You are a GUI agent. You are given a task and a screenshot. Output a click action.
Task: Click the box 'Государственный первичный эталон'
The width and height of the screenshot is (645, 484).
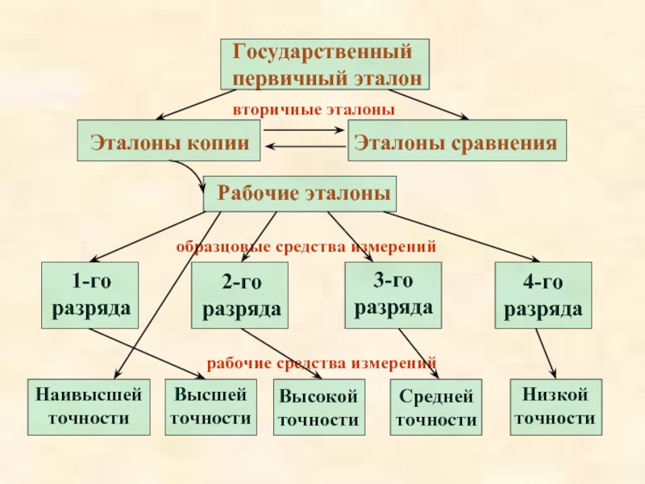pyautogui.click(x=325, y=65)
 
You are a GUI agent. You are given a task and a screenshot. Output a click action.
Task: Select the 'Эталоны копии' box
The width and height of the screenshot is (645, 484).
pyautogui.click(x=169, y=143)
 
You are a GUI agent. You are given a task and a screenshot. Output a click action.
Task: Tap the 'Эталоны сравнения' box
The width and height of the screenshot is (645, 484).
pyautogui.click(x=456, y=143)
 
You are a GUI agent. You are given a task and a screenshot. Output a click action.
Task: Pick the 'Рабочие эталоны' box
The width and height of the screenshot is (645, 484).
pyautogui.click(x=299, y=194)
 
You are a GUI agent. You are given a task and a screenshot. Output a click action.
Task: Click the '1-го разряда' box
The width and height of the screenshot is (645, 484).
pyautogui.click(x=90, y=295)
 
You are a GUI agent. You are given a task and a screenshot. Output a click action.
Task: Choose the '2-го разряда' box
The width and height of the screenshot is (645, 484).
pyautogui.click(x=241, y=295)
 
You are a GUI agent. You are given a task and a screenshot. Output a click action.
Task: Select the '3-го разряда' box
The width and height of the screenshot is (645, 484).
pyautogui.click(x=394, y=295)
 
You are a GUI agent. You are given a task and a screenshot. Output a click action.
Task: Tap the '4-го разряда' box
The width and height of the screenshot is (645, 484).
pyautogui.click(x=543, y=295)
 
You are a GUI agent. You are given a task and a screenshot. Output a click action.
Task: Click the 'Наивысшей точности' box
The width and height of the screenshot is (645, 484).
pyautogui.click(x=89, y=407)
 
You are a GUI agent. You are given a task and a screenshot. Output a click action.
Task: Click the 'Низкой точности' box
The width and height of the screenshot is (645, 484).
pyautogui.click(x=555, y=406)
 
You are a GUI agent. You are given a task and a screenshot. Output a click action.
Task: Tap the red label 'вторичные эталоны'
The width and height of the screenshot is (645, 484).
pyautogui.click(x=314, y=108)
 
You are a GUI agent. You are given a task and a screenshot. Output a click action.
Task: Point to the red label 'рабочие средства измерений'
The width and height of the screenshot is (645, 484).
pyautogui.click(x=322, y=363)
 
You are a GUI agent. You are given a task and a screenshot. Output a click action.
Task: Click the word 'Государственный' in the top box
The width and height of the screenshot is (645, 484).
pyautogui.click(x=322, y=52)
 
